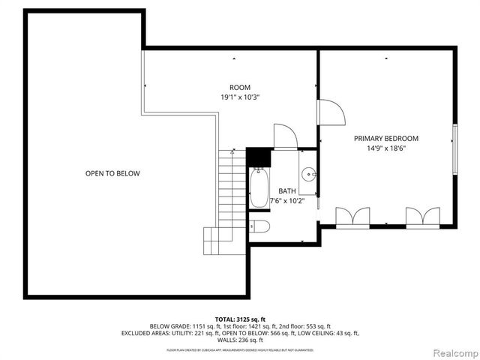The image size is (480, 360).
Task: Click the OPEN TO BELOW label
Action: coord(112,173)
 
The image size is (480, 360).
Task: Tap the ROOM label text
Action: coord(240,87)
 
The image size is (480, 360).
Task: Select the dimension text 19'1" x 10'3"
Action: coord(240,97)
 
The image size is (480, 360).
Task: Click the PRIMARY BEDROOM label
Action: coord(385,139)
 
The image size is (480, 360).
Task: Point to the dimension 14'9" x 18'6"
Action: coord(385,149)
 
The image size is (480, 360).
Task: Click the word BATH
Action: coord(287,191)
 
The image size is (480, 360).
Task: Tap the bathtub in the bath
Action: coord(259,187)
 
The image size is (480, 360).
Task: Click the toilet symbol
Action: coord(259,226)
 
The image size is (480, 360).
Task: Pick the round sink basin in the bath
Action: coord(309,175)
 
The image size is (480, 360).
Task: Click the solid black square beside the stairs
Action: coord(257,157)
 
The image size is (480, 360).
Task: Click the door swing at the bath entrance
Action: coord(285,136)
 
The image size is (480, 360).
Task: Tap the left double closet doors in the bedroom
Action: coord(352,217)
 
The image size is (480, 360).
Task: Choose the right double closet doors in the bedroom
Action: coord(422,217)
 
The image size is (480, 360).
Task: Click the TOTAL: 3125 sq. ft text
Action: coord(240,319)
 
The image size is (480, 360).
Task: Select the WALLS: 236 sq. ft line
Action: coord(240,340)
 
